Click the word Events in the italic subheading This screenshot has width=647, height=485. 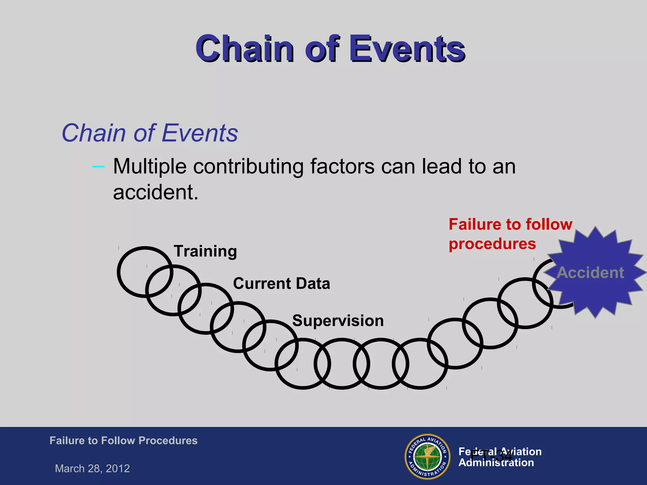tap(200, 133)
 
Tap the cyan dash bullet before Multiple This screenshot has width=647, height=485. tap(98, 166)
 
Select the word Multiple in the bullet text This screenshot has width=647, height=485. tap(150, 166)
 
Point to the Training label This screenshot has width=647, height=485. tap(205, 251)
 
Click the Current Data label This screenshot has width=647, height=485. tap(281, 283)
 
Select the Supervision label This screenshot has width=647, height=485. tap(338, 320)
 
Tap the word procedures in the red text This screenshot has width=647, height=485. tap(492, 244)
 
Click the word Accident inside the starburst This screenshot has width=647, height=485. tap(590, 272)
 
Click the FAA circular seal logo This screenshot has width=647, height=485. tap(427, 456)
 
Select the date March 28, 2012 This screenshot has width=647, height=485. tap(92, 468)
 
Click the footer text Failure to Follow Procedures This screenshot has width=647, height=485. tap(123, 440)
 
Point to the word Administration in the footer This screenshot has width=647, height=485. tap(496, 463)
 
